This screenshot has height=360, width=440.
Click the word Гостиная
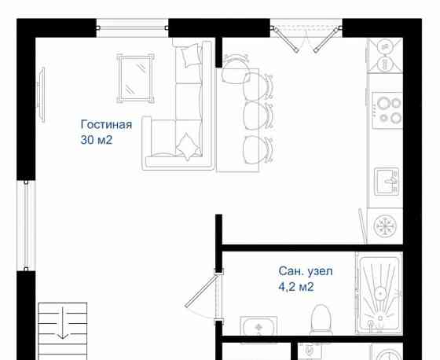coord(106,124)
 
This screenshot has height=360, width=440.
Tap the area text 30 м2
coord(97,141)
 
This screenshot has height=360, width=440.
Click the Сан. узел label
coord(306,271)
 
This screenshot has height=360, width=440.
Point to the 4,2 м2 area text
coord(296,287)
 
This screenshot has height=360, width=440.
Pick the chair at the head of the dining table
coord(235,72)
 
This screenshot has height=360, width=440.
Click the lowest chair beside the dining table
coord(258,149)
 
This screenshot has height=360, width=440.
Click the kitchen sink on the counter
coord(386,180)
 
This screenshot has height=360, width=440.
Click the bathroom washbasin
coord(258,327)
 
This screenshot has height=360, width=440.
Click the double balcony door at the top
coord(306,35)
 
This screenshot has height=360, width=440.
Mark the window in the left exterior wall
coord(26,225)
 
